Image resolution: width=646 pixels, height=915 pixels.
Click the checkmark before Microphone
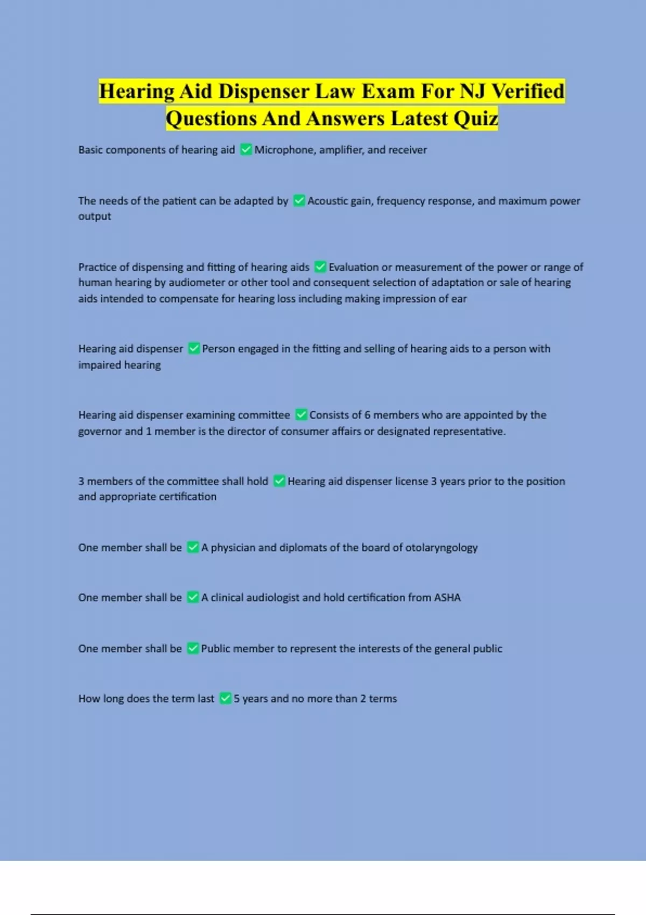coord(246,150)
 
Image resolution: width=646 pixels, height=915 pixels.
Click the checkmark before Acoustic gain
coord(299,201)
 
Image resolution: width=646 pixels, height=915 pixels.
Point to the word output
coord(95,216)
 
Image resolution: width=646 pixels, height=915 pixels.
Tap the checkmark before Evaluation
coord(320,267)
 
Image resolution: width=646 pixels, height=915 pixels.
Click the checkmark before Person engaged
coord(194,349)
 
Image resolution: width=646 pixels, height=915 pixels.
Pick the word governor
coord(100,431)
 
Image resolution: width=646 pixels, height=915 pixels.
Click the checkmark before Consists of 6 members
coord(301,415)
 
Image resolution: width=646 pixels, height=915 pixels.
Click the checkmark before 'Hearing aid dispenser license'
coord(279,481)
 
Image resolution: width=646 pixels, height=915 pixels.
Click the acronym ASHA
coord(447,597)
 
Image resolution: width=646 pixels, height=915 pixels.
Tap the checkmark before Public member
coord(193,649)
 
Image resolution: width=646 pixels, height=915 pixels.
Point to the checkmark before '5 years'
coord(226,699)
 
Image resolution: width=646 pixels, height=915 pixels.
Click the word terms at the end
coord(383,699)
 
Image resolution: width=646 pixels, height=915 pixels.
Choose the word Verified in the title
coord(528,91)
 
